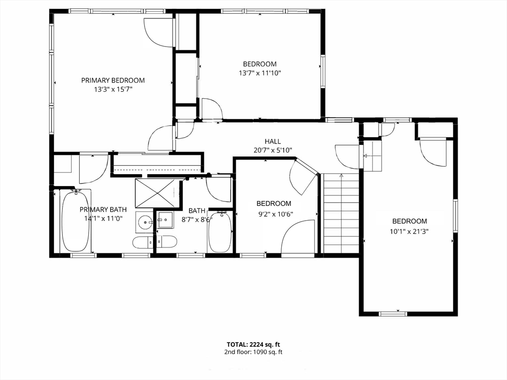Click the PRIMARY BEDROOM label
pos(113,80)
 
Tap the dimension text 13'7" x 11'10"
pos(259,73)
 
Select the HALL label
pos(272,142)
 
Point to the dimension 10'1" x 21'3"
pos(409,230)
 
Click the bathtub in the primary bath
pos(76,222)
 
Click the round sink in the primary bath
pos(145,222)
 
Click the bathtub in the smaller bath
pos(220,232)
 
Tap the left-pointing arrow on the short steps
pos(366,156)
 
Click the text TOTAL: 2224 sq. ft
pos(253,344)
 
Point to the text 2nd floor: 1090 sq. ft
pos(253,352)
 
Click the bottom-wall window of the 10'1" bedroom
pos(393,313)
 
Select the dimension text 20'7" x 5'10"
pos(272,150)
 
